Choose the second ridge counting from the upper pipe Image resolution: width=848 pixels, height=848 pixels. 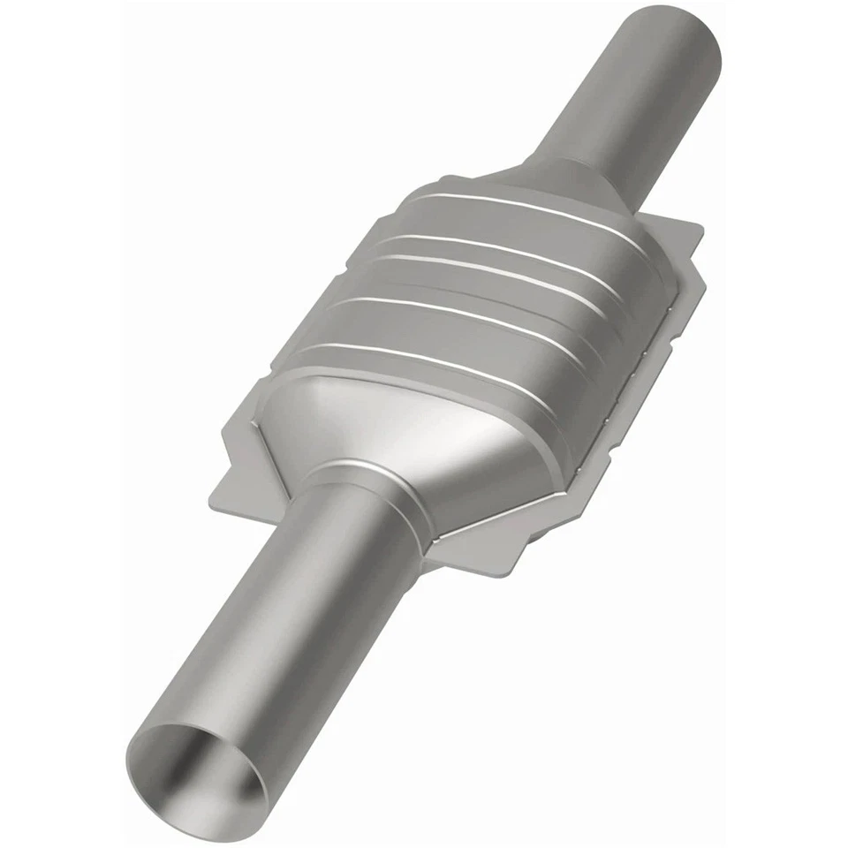pos(503,243)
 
